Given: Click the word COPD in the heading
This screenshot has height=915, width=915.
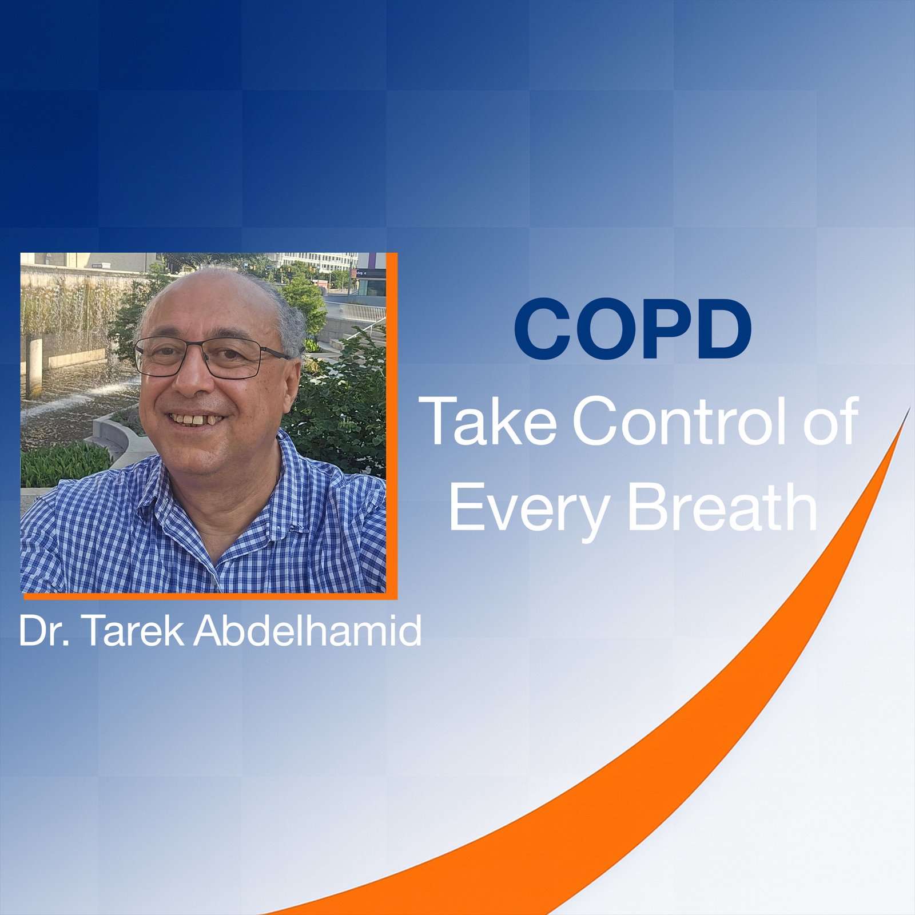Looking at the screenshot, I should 632,329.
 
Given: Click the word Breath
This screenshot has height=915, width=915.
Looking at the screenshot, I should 723,507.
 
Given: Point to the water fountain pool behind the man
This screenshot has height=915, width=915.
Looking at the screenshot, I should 69,400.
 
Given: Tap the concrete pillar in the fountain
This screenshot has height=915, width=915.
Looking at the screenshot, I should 34,366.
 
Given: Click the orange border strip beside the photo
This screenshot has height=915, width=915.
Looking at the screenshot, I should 392,423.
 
